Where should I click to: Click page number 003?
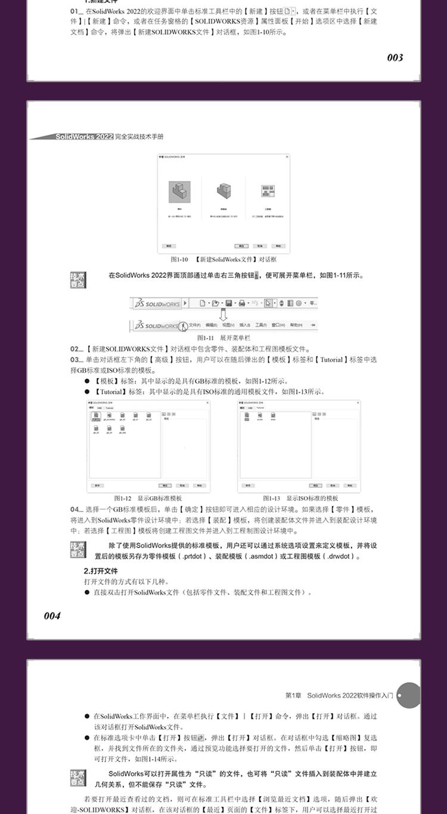(395, 58)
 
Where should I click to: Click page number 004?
(52, 616)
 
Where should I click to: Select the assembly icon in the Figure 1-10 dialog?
(223, 191)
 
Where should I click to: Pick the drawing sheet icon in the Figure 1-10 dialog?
(268, 191)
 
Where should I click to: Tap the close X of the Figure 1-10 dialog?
(287, 157)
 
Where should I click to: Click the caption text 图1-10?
(179, 260)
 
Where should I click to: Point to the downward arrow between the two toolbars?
(224, 314)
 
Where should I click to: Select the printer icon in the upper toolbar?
(242, 303)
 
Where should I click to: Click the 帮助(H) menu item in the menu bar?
(296, 326)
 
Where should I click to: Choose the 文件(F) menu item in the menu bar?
(195, 326)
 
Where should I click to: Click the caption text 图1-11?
(206, 338)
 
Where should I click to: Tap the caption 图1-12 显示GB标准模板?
(148, 499)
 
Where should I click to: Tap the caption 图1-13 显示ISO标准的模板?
(300, 499)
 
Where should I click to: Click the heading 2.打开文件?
(101, 571)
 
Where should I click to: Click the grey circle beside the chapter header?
(408, 695)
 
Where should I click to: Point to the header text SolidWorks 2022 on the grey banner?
(84, 137)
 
